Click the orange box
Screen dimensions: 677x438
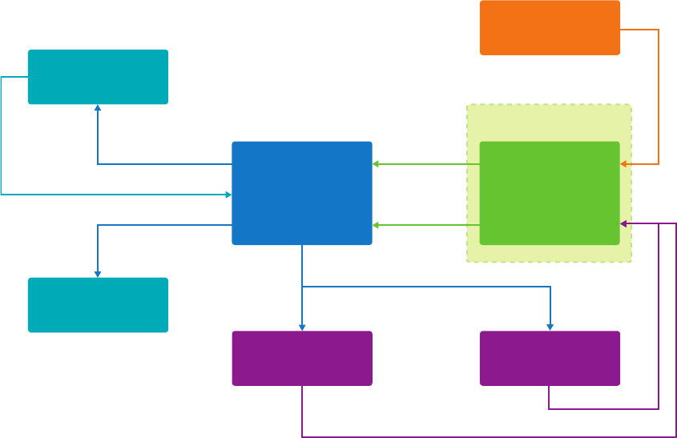coord(550,28)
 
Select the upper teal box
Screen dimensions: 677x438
coord(98,77)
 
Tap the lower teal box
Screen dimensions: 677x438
coord(98,305)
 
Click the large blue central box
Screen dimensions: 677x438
coord(302,193)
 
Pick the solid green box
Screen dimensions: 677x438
coord(550,193)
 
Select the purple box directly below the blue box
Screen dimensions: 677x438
coord(302,359)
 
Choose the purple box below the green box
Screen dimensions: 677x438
coord(550,359)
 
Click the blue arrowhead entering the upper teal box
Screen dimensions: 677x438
coord(98,107)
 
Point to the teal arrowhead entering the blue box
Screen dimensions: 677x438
coord(228,195)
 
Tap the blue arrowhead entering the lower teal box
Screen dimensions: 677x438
coord(98,275)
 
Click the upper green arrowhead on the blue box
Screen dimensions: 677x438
coord(376,164)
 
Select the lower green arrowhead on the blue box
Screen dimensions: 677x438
coord(376,225)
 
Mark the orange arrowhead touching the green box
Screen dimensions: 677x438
coord(623,164)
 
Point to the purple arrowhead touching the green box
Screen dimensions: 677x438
coord(623,224)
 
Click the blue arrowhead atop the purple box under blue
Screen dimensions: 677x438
coord(302,327)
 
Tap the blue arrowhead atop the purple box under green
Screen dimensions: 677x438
coord(550,327)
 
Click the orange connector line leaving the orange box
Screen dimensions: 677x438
coord(658,96)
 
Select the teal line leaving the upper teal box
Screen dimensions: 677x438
coord(2,136)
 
